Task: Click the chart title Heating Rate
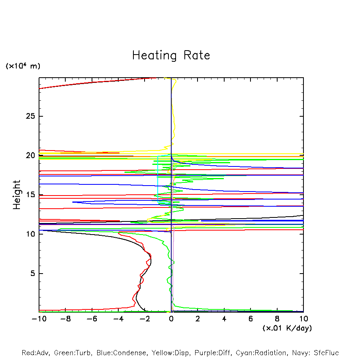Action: (x=171, y=55)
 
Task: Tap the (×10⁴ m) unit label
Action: (x=23, y=66)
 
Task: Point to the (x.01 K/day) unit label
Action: (x=287, y=328)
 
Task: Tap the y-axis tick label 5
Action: (x=32, y=274)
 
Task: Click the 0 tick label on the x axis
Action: (x=171, y=319)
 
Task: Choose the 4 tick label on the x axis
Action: (x=224, y=319)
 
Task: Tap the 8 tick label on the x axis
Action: (x=277, y=319)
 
